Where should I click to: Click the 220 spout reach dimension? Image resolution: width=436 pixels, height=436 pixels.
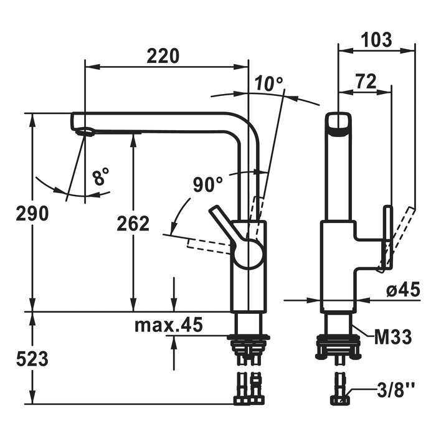tap(163, 56)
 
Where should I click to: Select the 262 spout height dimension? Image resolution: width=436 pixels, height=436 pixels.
tap(133, 223)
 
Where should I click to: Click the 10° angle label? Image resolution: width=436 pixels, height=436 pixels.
tap(268, 82)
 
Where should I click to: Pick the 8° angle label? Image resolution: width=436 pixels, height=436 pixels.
tap(101, 178)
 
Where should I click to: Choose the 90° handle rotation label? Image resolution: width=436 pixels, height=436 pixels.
tap(207, 184)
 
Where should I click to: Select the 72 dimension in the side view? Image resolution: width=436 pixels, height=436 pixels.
tap(367, 81)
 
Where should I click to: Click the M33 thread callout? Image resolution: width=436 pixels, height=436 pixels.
tap(392, 337)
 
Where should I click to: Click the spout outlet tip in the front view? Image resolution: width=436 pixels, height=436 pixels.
tap(85, 131)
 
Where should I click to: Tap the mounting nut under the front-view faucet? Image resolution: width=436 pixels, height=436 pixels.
tap(249, 340)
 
